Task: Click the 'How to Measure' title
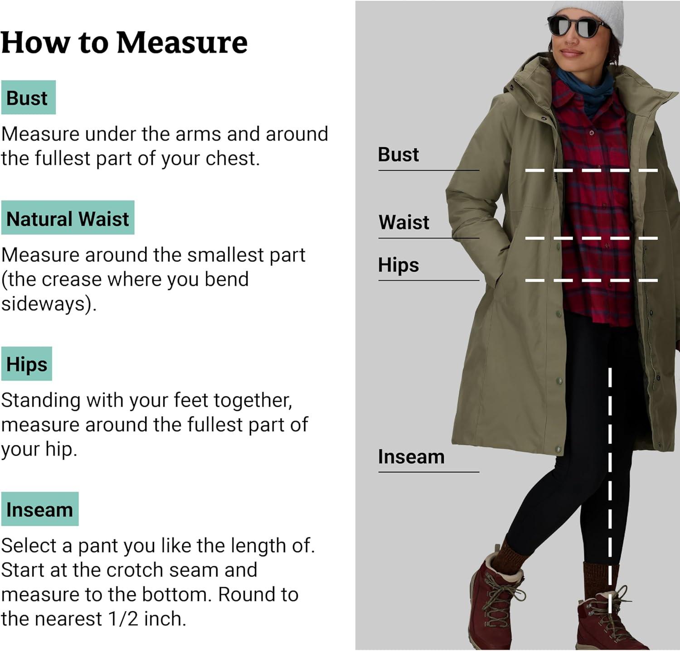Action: pyautogui.click(x=124, y=43)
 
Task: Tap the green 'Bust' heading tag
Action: pyautogui.click(x=28, y=97)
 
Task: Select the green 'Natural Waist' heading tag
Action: pyautogui.click(x=68, y=217)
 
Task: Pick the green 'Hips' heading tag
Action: pyautogui.click(x=26, y=364)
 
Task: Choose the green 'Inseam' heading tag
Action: pyautogui.click(x=40, y=509)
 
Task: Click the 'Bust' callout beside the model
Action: pyautogui.click(x=398, y=154)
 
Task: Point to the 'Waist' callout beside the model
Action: pyautogui.click(x=404, y=222)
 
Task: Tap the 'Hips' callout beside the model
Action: pyautogui.click(x=398, y=265)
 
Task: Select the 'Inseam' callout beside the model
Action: pyautogui.click(x=411, y=457)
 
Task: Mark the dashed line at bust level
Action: pyautogui.click(x=592, y=170)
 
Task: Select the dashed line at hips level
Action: pyautogui.click(x=592, y=280)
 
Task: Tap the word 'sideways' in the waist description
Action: pyautogui.click(x=44, y=304)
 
